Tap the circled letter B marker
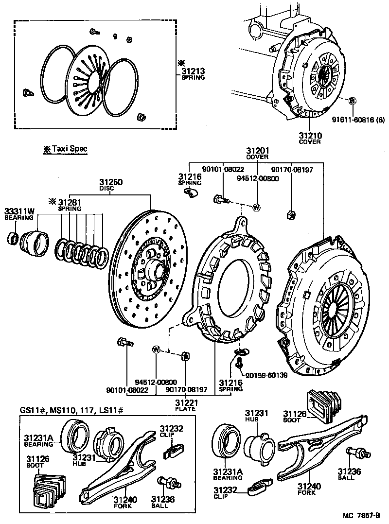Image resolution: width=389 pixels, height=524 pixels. [x=353, y=101]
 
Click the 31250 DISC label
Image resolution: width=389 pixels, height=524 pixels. [x=111, y=184]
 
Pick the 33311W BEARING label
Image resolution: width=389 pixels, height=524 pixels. [x=20, y=213]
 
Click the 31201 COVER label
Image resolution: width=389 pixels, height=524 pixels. [x=257, y=153]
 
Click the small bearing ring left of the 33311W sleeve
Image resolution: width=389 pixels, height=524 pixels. [x=13, y=239]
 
